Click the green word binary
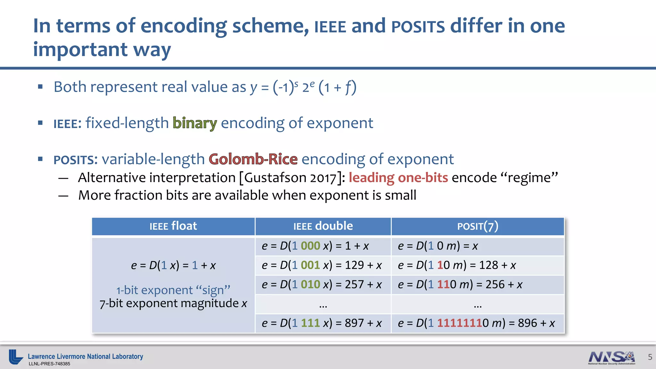194,123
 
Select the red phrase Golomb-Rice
253,159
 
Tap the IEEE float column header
173,226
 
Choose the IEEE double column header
323,226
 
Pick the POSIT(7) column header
478,226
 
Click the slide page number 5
650,357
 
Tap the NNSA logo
611,357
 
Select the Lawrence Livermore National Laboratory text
85,357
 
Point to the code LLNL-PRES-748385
49,364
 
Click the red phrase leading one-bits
398,178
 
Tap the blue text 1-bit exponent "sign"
173,290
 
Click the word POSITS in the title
418,26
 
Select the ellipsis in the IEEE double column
323,305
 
